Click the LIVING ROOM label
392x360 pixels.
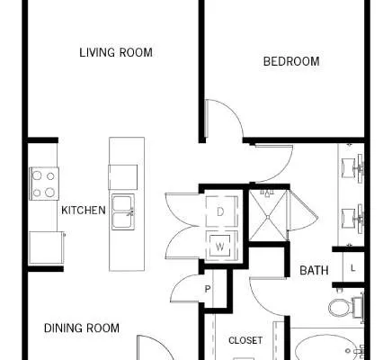tap(116, 52)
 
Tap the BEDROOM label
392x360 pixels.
tap(291, 61)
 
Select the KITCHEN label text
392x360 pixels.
tap(84, 211)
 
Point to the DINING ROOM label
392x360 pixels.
tap(82, 328)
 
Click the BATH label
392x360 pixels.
tap(314, 271)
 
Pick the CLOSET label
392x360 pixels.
tap(245, 340)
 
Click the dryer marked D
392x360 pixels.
tap(221, 211)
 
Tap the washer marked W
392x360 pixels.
tap(221, 247)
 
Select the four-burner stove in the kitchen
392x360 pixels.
tap(44, 184)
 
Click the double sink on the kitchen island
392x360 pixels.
tap(123, 211)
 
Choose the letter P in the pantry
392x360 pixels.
tap(208, 289)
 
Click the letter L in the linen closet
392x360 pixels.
tap(353, 268)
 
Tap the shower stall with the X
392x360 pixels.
tap(268, 215)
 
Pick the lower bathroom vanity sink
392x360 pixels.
tap(352, 219)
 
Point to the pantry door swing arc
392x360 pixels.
tap(180, 285)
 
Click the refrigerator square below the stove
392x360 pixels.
tap(47, 247)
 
